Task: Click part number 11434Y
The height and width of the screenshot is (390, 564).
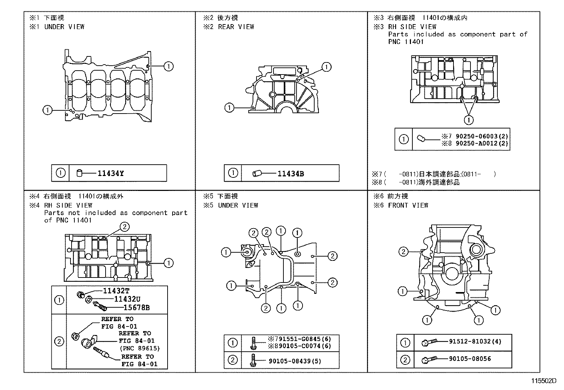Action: (111, 174)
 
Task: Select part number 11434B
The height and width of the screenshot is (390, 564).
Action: (291, 174)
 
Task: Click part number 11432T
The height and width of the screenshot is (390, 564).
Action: (116, 291)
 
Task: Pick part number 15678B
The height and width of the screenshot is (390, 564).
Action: (136, 308)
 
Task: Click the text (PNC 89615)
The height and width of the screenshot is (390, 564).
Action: (139, 348)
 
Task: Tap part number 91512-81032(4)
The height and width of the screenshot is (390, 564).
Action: (474, 341)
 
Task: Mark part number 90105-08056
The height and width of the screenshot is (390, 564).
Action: (470, 359)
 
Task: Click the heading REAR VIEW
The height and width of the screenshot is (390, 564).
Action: (236, 27)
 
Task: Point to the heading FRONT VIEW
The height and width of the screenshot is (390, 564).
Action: (408, 205)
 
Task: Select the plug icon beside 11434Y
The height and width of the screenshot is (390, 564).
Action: (80, 174)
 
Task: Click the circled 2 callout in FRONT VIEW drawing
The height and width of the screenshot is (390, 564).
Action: (404, 252)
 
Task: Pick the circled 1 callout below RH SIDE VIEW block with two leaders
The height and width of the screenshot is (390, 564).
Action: (468, 120)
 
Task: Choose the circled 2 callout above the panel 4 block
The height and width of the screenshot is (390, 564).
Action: (124, 227)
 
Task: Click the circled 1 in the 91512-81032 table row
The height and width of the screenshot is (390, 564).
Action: (405, 342)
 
